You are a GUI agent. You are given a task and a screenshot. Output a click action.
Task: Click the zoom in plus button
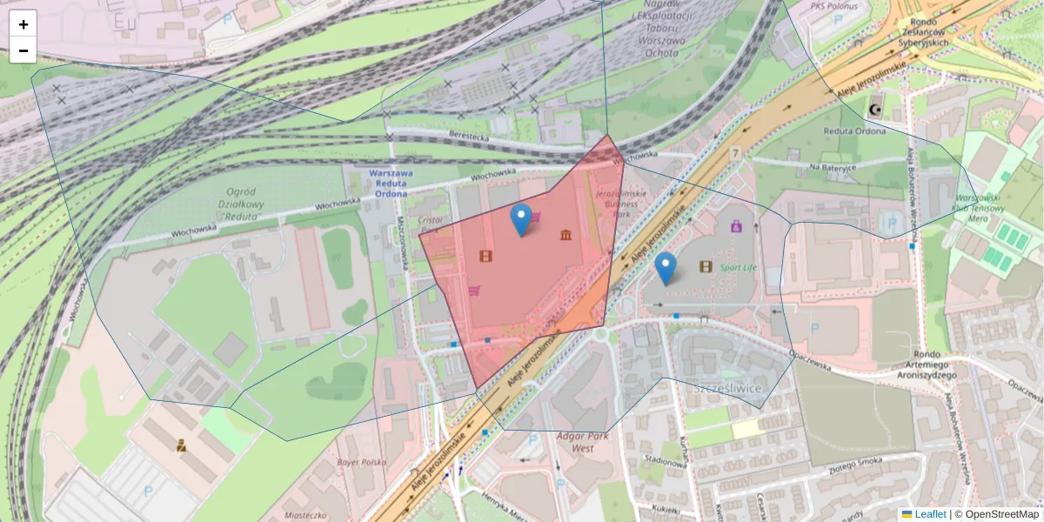(x=23, y=24)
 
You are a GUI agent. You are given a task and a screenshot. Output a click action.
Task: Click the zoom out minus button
(x=23, y=50)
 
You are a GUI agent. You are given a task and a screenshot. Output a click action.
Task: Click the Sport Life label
(x=738, y=268)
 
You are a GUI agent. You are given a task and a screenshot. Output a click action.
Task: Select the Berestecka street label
(x=470, y=137)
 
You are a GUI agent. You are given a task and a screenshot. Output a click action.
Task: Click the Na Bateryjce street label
(x=833, y=165)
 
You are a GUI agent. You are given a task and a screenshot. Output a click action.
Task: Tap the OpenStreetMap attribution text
(x=997, y=514)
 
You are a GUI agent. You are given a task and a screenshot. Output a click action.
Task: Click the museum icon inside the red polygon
(x=566, y=235)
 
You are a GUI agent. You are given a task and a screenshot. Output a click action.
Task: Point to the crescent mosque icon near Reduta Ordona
(x=875, y=110)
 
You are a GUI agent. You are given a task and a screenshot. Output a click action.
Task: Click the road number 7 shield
(x=735, y=153)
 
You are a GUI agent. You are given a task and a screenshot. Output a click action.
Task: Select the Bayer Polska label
(x=361, y=462)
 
